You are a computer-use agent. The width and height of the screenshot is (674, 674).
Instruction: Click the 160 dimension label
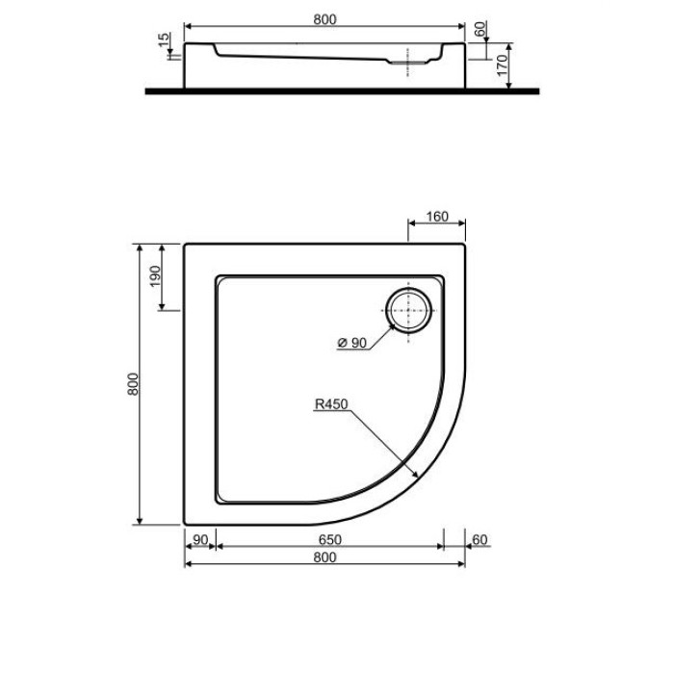pyautogui.click(x=436, y=217)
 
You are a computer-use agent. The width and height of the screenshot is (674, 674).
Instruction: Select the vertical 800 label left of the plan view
pyautogui.click(x=134, y=383)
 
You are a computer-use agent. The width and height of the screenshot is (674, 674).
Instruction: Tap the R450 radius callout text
pyautogui.click(x=329, y=405)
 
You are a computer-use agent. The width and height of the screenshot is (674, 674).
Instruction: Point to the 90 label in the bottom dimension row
pyautogui.click(x=199, y=540)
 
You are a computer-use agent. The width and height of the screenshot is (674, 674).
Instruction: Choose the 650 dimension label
pyautogui.click(x=328, y=540)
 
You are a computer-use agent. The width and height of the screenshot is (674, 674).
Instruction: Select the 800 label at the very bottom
pyautogui.click(x=324, y=557)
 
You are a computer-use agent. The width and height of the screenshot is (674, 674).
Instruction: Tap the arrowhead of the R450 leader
pyautogui.click(x=415, y=473)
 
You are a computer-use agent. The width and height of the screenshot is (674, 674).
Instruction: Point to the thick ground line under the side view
pyautogui.click(x=342, y=91)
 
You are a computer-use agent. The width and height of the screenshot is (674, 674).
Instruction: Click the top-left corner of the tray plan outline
pyautogui.click(x=184, y=244)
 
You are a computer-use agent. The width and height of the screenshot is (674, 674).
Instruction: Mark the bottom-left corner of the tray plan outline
pyautogui.click(x=184, y=525)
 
